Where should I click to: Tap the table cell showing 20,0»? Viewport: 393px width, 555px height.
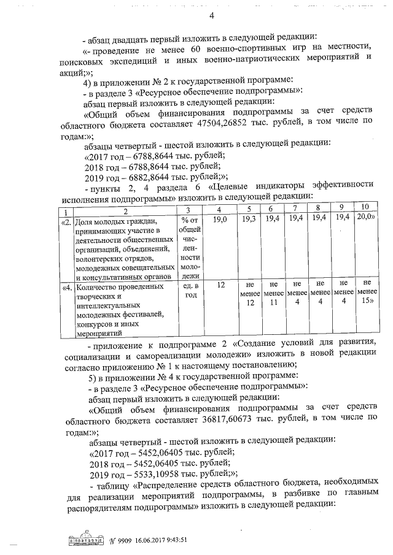pos(365,218)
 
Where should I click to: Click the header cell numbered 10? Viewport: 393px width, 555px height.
pos(365,208)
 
